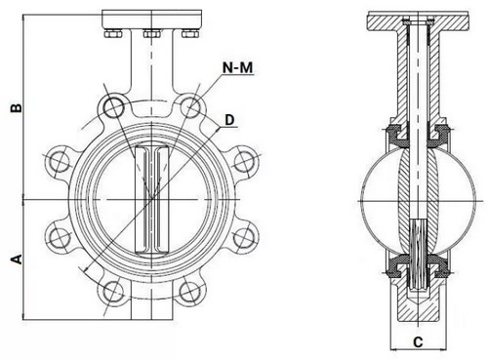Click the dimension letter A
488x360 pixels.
(x=14, y=259)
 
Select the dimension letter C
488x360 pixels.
(x=418, y=340)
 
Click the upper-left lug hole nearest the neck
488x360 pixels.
(x=115, y=105)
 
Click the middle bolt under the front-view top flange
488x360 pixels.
(x=151, y=36)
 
